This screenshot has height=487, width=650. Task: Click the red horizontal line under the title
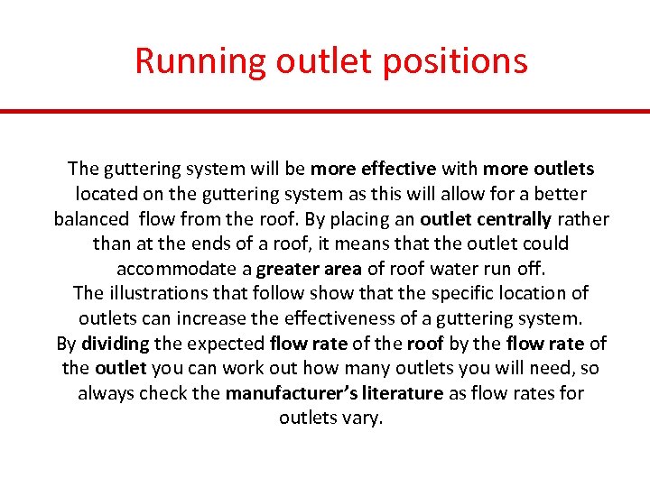pyautogui.click(x=325, y=111)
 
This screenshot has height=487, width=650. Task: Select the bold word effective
pyautogui.click(x=398, y=169)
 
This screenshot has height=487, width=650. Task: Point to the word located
pyautogui.click(x=106, y=194)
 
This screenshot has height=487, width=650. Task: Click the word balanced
pyautogui.click(x=90, y=219)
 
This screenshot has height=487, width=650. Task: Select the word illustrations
pyautogui.click(x=161, y=293)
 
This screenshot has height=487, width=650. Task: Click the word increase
pyautogui.click(x=252, y=318)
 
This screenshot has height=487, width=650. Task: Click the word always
pyautogui.click(x=104, y=393)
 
